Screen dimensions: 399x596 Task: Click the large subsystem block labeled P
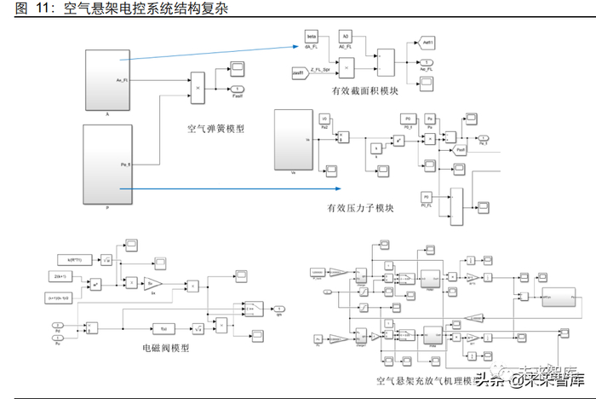tap(107, 164)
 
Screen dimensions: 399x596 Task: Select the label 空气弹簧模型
tap(216, 130)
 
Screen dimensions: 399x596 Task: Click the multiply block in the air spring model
tap(198, 87)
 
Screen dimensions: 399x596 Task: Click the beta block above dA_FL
tap(312, 38)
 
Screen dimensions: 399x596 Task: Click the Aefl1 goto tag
tap(429, 40)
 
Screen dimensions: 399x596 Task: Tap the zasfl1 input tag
tap(312, 74)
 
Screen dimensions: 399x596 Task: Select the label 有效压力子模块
tap(360, 209)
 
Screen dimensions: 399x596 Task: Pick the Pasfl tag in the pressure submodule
tap(460, 150)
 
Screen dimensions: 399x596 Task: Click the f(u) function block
tap(161, 327)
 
